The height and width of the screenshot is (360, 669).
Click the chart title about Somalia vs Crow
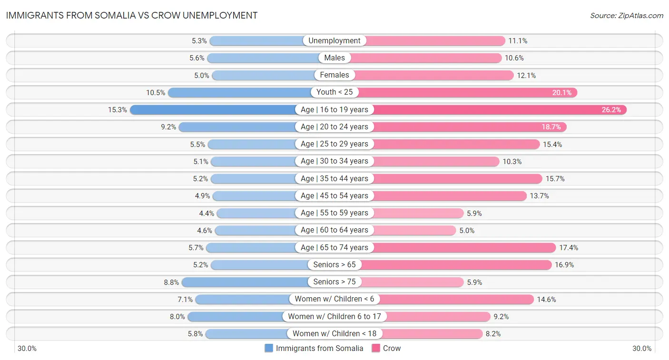(132, 15)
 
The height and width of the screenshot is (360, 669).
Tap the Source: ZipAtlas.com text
(626, 16)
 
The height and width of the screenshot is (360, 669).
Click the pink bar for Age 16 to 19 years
(500, 110)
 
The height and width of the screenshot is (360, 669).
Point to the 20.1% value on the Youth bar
(561, 93)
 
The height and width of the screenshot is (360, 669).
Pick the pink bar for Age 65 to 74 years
(464, 248)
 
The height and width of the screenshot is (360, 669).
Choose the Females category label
(334, 75)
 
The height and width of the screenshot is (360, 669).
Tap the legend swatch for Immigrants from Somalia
(269, 348)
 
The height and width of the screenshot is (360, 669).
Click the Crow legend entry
(386, 348)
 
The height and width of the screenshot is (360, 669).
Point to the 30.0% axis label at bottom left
(27, 349)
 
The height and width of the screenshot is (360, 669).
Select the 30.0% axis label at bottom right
(641, 349)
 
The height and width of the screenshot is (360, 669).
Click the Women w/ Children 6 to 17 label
(334, 316)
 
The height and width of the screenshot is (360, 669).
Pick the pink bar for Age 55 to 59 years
(419, 213)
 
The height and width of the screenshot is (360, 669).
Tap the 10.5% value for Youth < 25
(155, 93)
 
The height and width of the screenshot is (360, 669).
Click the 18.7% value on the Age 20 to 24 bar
(551, 127)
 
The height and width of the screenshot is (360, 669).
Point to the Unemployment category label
(334, 41)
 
